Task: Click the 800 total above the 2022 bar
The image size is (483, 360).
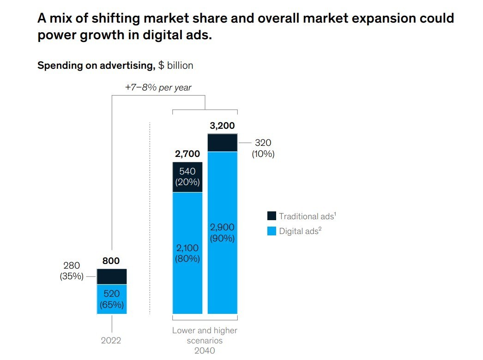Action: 111,261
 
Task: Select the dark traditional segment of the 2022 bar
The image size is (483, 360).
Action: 111,276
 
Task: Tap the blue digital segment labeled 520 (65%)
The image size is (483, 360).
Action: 111,299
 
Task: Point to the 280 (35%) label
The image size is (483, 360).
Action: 72,271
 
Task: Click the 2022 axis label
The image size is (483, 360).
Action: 111,341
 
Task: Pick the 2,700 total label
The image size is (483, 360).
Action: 187,154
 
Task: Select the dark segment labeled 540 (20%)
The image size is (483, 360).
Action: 187,177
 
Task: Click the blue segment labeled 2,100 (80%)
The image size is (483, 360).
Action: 187,253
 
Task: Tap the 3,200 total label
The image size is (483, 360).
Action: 222,126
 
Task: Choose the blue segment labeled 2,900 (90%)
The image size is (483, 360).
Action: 222,233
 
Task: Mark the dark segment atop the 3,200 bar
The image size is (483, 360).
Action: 222,143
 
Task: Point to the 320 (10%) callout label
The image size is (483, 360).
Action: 263,149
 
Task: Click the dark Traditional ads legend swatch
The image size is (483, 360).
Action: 272,216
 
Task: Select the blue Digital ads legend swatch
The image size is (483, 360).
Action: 272,231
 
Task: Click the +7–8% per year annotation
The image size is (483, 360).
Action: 158,87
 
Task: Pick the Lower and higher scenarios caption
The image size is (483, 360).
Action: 205,336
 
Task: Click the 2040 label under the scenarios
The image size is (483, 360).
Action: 205,351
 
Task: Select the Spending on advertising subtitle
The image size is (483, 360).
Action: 115,66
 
